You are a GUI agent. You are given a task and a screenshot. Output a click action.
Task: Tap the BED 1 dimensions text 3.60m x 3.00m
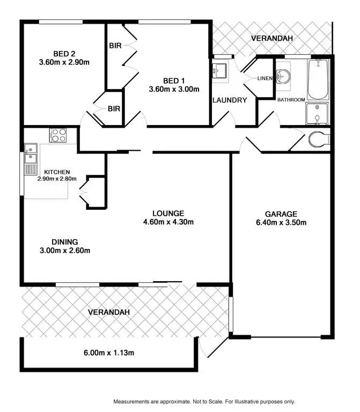pos(174,89)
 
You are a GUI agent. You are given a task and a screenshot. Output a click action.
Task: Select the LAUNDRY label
pos(230,100)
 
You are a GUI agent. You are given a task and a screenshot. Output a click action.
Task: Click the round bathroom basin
pos(283,77)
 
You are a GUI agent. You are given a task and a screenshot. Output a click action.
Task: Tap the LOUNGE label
pos(167,213)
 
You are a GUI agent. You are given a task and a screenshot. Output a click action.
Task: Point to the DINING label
pos(65,241)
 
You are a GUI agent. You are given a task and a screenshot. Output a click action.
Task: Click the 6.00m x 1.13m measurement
pos(108,352)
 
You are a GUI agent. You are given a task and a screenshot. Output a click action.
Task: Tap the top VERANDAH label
pos(272,38)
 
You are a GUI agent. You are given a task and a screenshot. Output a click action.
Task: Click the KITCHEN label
pos(57,172)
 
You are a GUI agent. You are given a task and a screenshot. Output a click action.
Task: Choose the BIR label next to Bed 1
pos(115,46)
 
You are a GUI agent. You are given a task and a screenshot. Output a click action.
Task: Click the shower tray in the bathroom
pos(317,114)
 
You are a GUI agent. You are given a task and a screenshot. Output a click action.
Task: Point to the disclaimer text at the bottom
pos(204,401)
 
